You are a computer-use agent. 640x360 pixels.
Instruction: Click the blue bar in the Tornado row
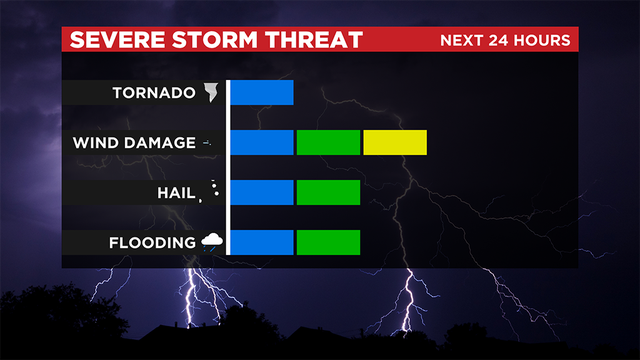point(262,92)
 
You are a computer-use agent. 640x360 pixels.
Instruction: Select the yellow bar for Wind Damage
point(395,142)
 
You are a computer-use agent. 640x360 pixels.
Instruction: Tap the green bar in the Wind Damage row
point(328,142)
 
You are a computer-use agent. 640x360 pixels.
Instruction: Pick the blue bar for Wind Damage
point(262,142)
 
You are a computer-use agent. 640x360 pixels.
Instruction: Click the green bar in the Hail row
point(328,192)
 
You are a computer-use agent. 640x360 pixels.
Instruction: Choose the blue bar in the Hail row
point(262,192)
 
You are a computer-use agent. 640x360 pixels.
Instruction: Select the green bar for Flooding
point(328,242)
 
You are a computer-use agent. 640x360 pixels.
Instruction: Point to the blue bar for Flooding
point(262,242)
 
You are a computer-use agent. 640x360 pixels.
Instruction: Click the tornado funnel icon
point(211,93)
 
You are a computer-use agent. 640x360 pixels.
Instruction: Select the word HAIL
point(176,193)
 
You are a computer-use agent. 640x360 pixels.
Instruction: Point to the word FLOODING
point(153,243)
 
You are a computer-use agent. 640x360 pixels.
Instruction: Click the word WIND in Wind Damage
point(93,143)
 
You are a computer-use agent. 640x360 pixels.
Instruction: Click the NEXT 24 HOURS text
point(506,41)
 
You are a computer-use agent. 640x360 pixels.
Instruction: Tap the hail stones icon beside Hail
point(211,191)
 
